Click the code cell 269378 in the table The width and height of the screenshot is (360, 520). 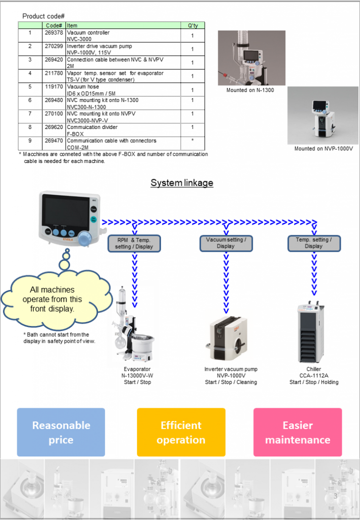pyautogui.click(x=54, y=36)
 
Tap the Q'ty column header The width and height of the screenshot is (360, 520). pyautogui.click(x=192, y=25)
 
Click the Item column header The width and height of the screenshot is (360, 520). pyautogui.click(x=123, y=25)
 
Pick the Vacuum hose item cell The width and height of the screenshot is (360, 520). pyautogui.click(x=123, y=90)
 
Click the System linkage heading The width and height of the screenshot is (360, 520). pyautogui.click(x=182, y=183)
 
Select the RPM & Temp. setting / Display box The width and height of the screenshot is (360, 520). pyautogui.click(x=134, y=243)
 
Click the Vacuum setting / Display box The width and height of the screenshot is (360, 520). pyautogui.click(x=225, y=243)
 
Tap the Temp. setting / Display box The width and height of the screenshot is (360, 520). pyautogui.click(x=313, y=243)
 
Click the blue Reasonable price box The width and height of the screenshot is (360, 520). pyautogui.click(x=61, y=432)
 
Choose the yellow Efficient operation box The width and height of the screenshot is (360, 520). pyautogui.click(x=181, y=432)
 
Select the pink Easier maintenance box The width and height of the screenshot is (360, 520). pyautogui.click(x=298, y=432)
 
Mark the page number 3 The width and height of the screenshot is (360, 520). pyautogui.click(x=335, y=496)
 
